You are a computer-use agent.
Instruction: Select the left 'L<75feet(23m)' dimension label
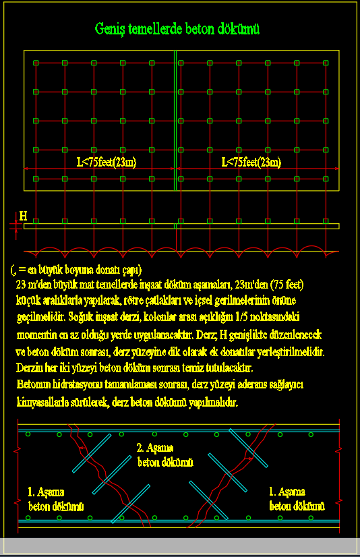coord(107,162)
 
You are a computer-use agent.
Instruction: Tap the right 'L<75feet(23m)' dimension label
coord(251,162)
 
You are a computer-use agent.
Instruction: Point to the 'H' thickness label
coord(23,216)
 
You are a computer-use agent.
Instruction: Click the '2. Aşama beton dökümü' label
coord(165,455)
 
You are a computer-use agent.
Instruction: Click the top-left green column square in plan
coord(36,63)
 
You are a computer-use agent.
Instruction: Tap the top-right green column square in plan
coord(325,63)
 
